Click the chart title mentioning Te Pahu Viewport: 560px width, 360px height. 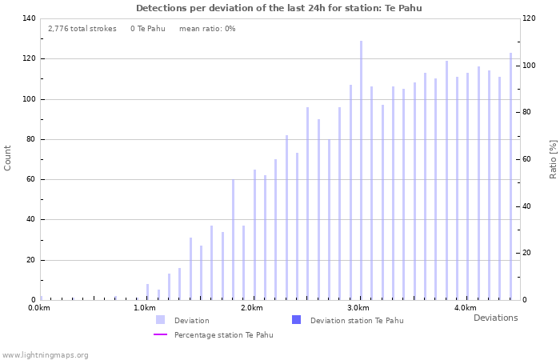tap(279, 8)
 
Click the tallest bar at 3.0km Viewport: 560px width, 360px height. tap(361, 170)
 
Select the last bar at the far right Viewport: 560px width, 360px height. tap(510, 176)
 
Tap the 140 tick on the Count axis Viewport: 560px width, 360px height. tap(29, 18)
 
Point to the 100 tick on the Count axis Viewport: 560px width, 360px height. tap(29, 99)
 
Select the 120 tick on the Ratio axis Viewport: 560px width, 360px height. tap(530, 18)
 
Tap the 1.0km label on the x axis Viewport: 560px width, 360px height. tap(144, 308)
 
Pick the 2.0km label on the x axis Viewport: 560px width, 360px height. tap(251, 308)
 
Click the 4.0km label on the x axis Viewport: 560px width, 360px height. tap(465, 308)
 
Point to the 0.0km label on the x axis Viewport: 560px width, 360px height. tap(38, 308)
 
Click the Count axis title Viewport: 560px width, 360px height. tap(8, 158)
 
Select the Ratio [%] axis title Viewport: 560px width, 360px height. tap(553, 158)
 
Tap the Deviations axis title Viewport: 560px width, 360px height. tap(495, 318)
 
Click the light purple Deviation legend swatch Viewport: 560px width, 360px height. tap(161, 320)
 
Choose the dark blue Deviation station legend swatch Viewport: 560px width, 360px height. tap(297, 320)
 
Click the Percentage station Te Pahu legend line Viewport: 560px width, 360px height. tap(161, 334)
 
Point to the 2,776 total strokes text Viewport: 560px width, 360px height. tap(82, 29)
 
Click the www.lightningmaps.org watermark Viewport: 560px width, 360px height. tap(46, 354)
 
